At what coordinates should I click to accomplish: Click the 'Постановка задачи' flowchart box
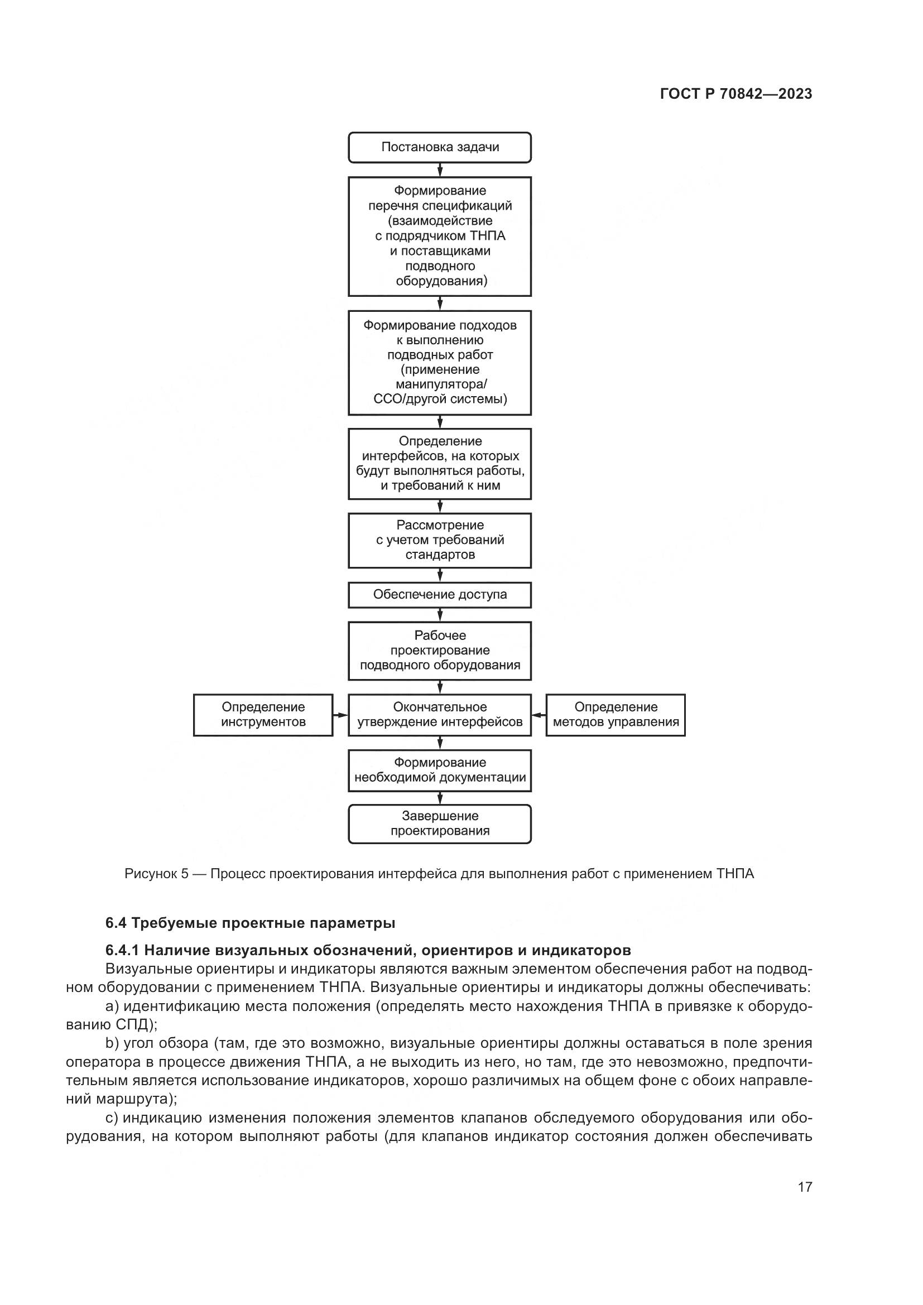pos(439,147)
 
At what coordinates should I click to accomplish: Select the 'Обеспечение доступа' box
pos(439,595)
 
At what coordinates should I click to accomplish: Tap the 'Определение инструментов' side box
pos(263,715)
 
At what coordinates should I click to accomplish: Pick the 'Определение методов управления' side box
pos(616,715)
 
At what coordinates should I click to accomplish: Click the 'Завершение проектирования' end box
pos(439,823)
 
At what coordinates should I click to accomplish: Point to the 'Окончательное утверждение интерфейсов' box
pos(439,715)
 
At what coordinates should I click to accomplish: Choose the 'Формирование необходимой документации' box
pos(439,770)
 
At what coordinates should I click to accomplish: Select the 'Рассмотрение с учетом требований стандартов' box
pos(439,540)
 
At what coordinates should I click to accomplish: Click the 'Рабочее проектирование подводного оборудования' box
pos(439,650)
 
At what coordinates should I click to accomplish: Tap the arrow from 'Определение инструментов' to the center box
pos(340,715)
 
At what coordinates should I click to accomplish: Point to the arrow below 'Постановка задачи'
pos(440,170)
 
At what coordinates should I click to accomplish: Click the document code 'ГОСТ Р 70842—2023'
pos(736,94)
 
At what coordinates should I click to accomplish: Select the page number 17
pos(805,1187)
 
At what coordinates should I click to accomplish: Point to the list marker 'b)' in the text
pos(113,1043)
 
